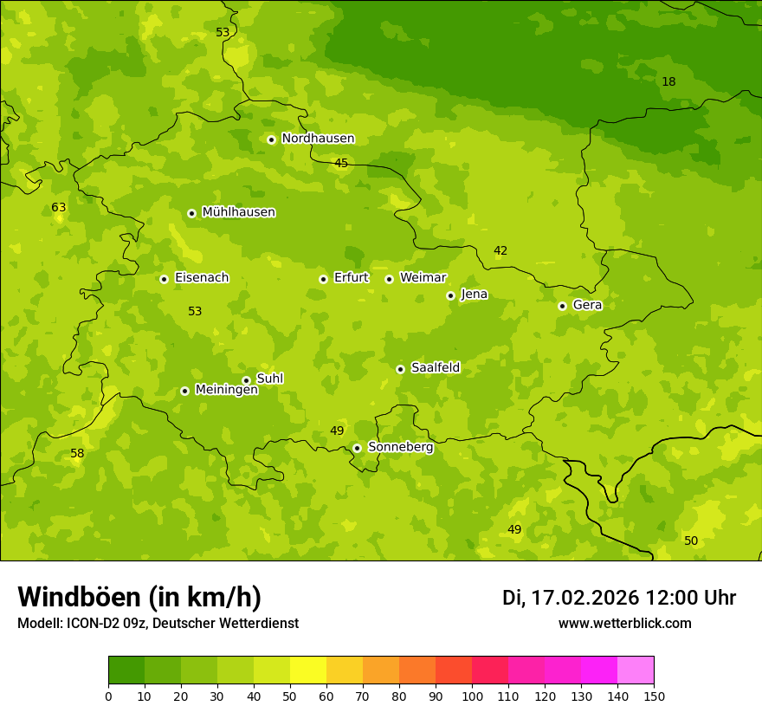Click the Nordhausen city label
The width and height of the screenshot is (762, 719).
[x=318, y=139]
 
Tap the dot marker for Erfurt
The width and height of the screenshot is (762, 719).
[x=323, y=279]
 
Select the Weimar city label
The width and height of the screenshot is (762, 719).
[x=423, y=277]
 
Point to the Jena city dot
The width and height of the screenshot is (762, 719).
[x=450, y=295]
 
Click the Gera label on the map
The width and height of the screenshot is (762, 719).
[x=587, y=305]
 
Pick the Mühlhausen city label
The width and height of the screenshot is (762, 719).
[x=238, y=212]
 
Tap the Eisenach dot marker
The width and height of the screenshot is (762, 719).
[x=164, y=279]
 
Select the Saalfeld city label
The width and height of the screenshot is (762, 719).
[x=435, y=368]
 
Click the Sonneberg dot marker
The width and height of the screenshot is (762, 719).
[x=357, y=448]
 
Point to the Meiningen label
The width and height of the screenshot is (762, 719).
[x=226, y=390]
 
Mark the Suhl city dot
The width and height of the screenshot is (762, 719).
[x=246, y=380]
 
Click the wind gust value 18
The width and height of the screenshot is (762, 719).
[x=668, y=82]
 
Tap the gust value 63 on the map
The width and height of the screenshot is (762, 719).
[x=59, y=208]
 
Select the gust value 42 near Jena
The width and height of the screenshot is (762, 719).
[x=500, y=251]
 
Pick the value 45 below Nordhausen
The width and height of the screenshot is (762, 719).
[x=341, y=164]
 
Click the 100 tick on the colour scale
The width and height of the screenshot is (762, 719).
[x=472, y=696]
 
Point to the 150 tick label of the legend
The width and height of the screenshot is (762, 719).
[x=653, y=696]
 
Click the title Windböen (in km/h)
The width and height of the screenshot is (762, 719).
[x=139, y=597]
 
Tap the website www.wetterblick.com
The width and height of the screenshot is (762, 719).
[x=624, y=624]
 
